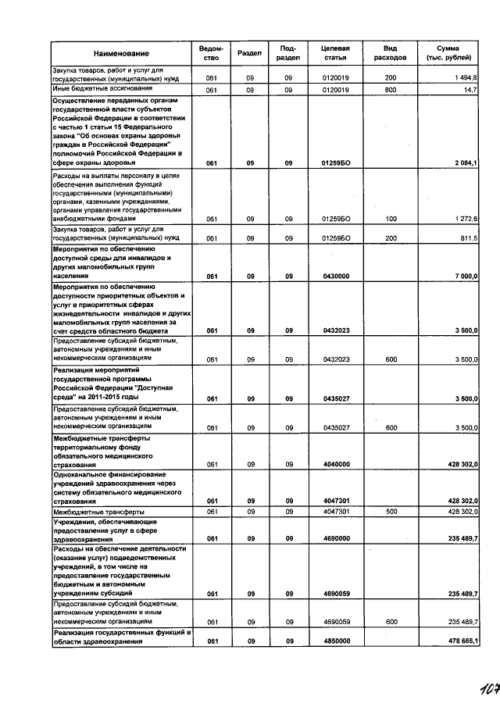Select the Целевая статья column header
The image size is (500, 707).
pos(335,53)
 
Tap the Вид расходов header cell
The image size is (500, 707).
pos(390,53)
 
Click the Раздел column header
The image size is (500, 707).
pos(249,53)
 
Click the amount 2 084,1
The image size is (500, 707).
pos(475,162)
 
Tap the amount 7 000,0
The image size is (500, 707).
pos(475,277)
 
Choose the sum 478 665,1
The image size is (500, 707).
pos(473,641)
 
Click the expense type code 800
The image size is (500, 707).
pos(390,91)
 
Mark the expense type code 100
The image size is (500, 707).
pos(390,219)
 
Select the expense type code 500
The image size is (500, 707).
pos(390,511)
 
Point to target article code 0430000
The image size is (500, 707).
pos(335,277)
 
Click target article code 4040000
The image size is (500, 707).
pos(335,464)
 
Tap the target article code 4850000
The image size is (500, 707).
pos(335,641)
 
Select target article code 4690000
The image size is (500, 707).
pos(335,538)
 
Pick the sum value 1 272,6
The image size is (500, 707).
pos(475,219)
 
